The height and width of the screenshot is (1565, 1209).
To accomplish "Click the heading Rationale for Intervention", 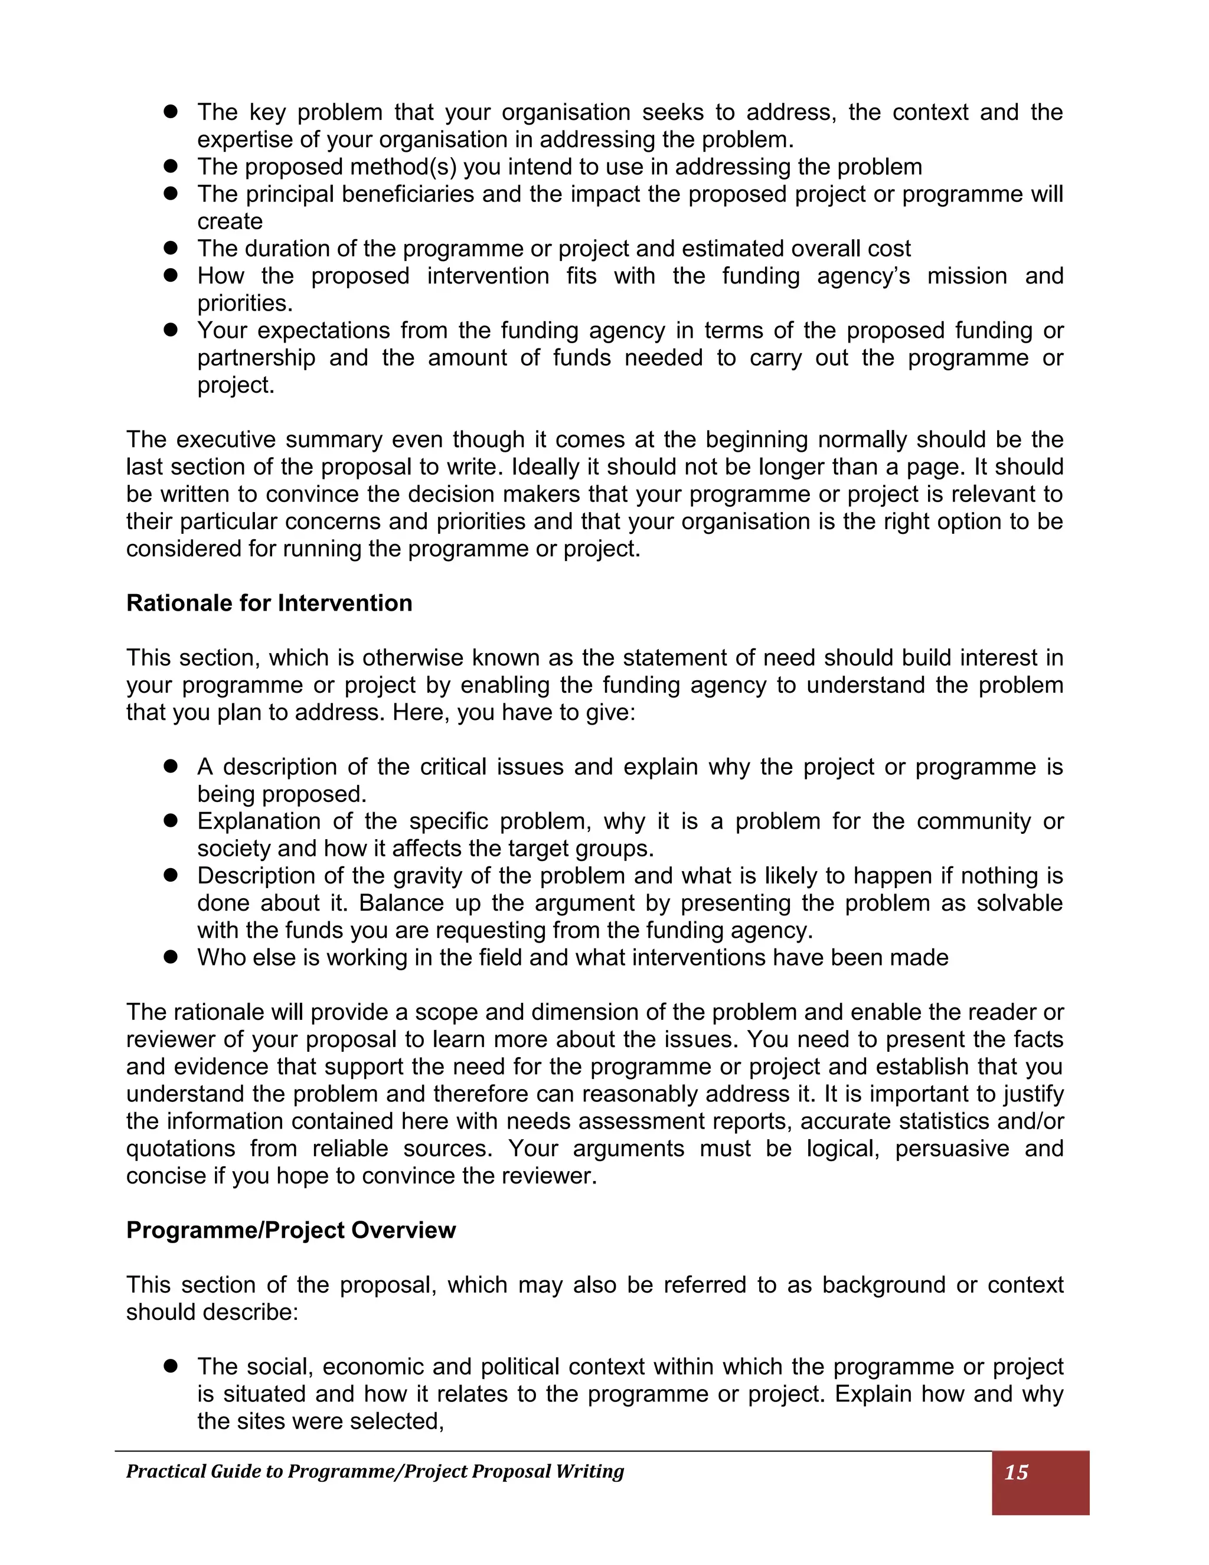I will (269, 604).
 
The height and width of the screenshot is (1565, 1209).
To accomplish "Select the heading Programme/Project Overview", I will (291, 1230).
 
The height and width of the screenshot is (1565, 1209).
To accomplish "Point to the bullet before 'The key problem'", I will (171, 112).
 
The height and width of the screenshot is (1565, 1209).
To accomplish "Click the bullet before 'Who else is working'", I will (171, 957).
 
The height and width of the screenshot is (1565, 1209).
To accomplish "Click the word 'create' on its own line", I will (230, 221).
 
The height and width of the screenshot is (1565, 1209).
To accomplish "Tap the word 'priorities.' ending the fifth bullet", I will (245, 303).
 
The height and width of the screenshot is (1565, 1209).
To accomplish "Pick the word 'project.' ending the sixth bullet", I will (236, 385).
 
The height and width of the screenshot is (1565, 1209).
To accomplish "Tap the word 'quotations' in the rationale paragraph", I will (180, 1148).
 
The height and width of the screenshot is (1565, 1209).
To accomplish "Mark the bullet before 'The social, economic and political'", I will (171, 1366).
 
